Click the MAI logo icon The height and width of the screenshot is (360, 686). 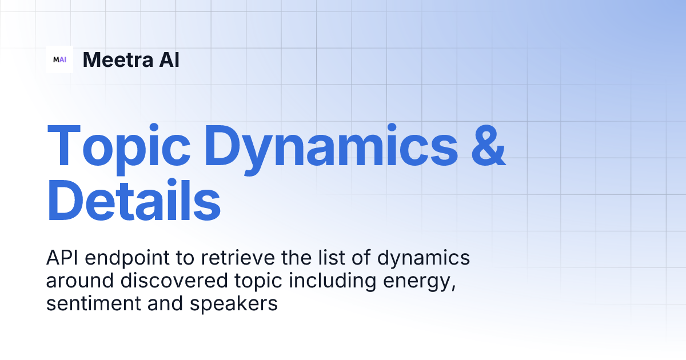click(x=59, y=59)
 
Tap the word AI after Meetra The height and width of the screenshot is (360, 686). click(x=167, y=59)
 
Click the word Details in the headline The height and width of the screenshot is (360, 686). click(x=134, y=200)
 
